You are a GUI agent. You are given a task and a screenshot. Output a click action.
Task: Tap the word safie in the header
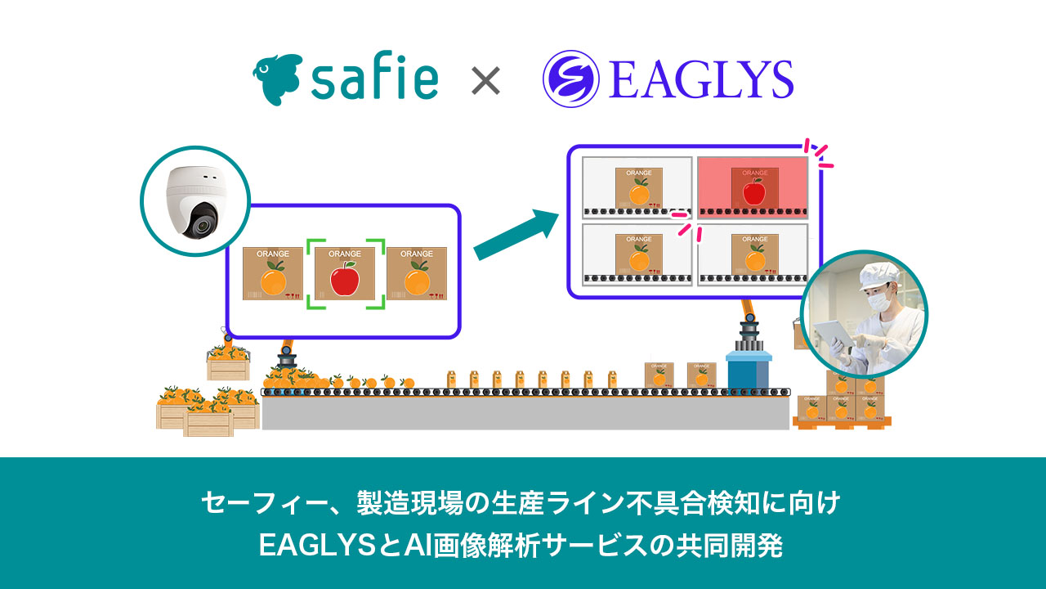(375, 80)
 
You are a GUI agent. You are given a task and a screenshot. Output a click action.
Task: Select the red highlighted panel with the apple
(753, 187)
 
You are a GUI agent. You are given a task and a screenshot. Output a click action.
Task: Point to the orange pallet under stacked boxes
(842, 422)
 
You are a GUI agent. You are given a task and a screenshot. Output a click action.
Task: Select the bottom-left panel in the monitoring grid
(637, 254)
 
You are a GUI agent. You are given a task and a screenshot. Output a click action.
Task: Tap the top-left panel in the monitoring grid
(637, 187)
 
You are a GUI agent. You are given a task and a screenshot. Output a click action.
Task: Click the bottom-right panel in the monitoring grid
(753, 254)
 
